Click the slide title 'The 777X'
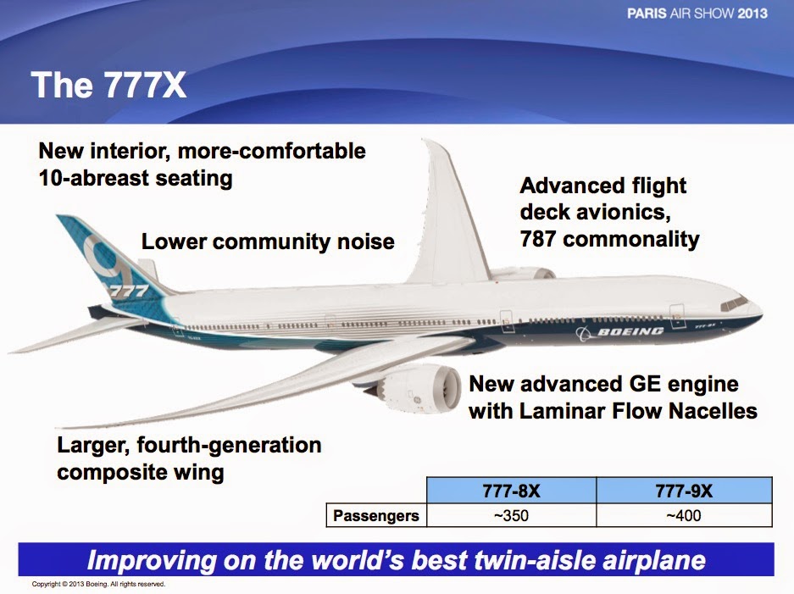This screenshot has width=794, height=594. pyautogui.click(x=108, y=86)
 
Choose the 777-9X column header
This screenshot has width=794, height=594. pyautogui.click(x=684, y=491)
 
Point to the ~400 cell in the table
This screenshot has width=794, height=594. pyautogui.click(x=684, y=514)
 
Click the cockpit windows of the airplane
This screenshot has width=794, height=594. pyautogui.click(x=734, y=302)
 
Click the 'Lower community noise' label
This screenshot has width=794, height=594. pyautogui.click(x=268, y=242)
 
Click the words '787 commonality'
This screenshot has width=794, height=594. pyautogui.click(x=609, y=239)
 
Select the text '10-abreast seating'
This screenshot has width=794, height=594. pyautogui.click(x=136, y=179)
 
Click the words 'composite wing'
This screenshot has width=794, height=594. pyautogui.click(x=140, y=471)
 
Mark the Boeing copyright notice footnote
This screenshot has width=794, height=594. pyautogui.click(x=97, y=584)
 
